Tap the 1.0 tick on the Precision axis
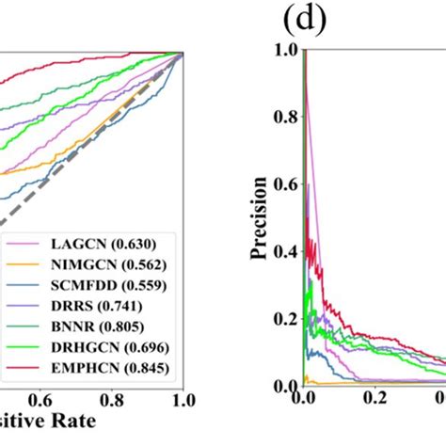coord(286,51)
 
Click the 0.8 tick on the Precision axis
coord(286,119)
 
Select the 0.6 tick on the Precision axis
coord(286,185)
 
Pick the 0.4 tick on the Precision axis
coord(286,253)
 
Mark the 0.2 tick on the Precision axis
coord(286,320)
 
